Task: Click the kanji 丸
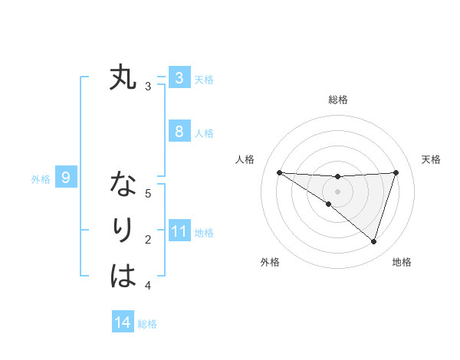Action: pos(123,78)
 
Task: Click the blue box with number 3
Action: pos(179,77)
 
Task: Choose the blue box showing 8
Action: pos(179,131)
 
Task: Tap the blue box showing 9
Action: pos(66,178)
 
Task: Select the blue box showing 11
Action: pos(179,231)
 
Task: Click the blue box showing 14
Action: pos(123,322)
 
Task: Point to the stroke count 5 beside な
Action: pos(148,193)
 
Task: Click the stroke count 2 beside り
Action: pos(148,240)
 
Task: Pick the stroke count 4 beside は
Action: pos(148,286)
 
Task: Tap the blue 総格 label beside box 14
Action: pos(147,324)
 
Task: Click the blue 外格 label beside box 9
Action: pos(41,179)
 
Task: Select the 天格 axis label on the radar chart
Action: pos(431,159)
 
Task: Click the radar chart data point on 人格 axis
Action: pos(279,172)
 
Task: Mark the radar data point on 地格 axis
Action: pos(373,241)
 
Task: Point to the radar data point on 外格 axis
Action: pos(328,204)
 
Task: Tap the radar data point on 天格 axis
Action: pos(396,172)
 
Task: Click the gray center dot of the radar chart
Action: pos(337,191)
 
